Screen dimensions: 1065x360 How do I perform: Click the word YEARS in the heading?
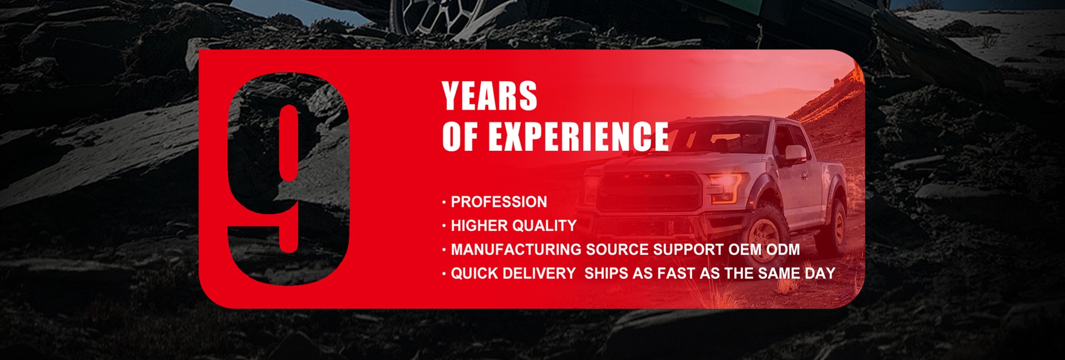click(x=490, y=96)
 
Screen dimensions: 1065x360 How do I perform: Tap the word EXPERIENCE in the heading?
click(x=578, y=136)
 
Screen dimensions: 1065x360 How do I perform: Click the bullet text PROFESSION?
click(x=499, y=202)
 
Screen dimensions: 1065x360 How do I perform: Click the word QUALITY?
click(x=545, y=226)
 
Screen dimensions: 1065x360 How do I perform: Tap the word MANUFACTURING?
click(x=516, y=250)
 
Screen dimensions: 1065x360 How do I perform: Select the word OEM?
click(x=745, y=250)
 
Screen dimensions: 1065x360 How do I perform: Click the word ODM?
click(x=783, y=250)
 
